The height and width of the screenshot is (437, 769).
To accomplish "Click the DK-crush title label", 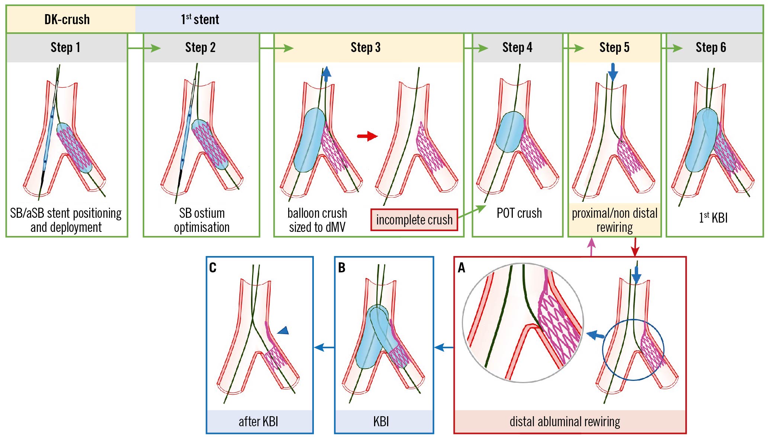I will (67, 19).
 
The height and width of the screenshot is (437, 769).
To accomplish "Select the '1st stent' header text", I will (200, 19).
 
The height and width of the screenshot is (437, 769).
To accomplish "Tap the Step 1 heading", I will (65, 48).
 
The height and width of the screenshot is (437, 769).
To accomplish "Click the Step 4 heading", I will (517, 48).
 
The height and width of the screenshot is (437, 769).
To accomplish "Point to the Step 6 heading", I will (711, 48).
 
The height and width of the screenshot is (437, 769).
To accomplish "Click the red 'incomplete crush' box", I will (414, 220).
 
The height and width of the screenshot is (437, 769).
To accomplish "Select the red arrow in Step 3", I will (367, 136).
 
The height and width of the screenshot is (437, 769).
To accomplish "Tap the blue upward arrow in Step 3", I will (326, 74).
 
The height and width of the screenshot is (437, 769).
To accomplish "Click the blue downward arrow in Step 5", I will (613, 72).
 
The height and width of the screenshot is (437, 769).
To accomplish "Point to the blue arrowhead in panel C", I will (283, 330).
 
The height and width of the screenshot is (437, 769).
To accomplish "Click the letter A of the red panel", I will (461, 268).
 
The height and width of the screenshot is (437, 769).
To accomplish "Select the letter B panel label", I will (342, 268).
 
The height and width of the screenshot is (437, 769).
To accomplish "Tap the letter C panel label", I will (213, 268).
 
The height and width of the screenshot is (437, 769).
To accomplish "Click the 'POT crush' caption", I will (519, 213).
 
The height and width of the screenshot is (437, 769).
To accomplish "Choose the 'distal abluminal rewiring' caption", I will (564, 422).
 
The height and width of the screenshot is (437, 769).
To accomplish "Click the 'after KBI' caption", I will (258, 422).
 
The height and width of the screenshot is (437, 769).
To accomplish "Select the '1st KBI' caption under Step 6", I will (713, 218).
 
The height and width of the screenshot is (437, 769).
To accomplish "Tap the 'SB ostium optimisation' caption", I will (202, 220).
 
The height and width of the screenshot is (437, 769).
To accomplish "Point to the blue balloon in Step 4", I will (510, 132).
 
